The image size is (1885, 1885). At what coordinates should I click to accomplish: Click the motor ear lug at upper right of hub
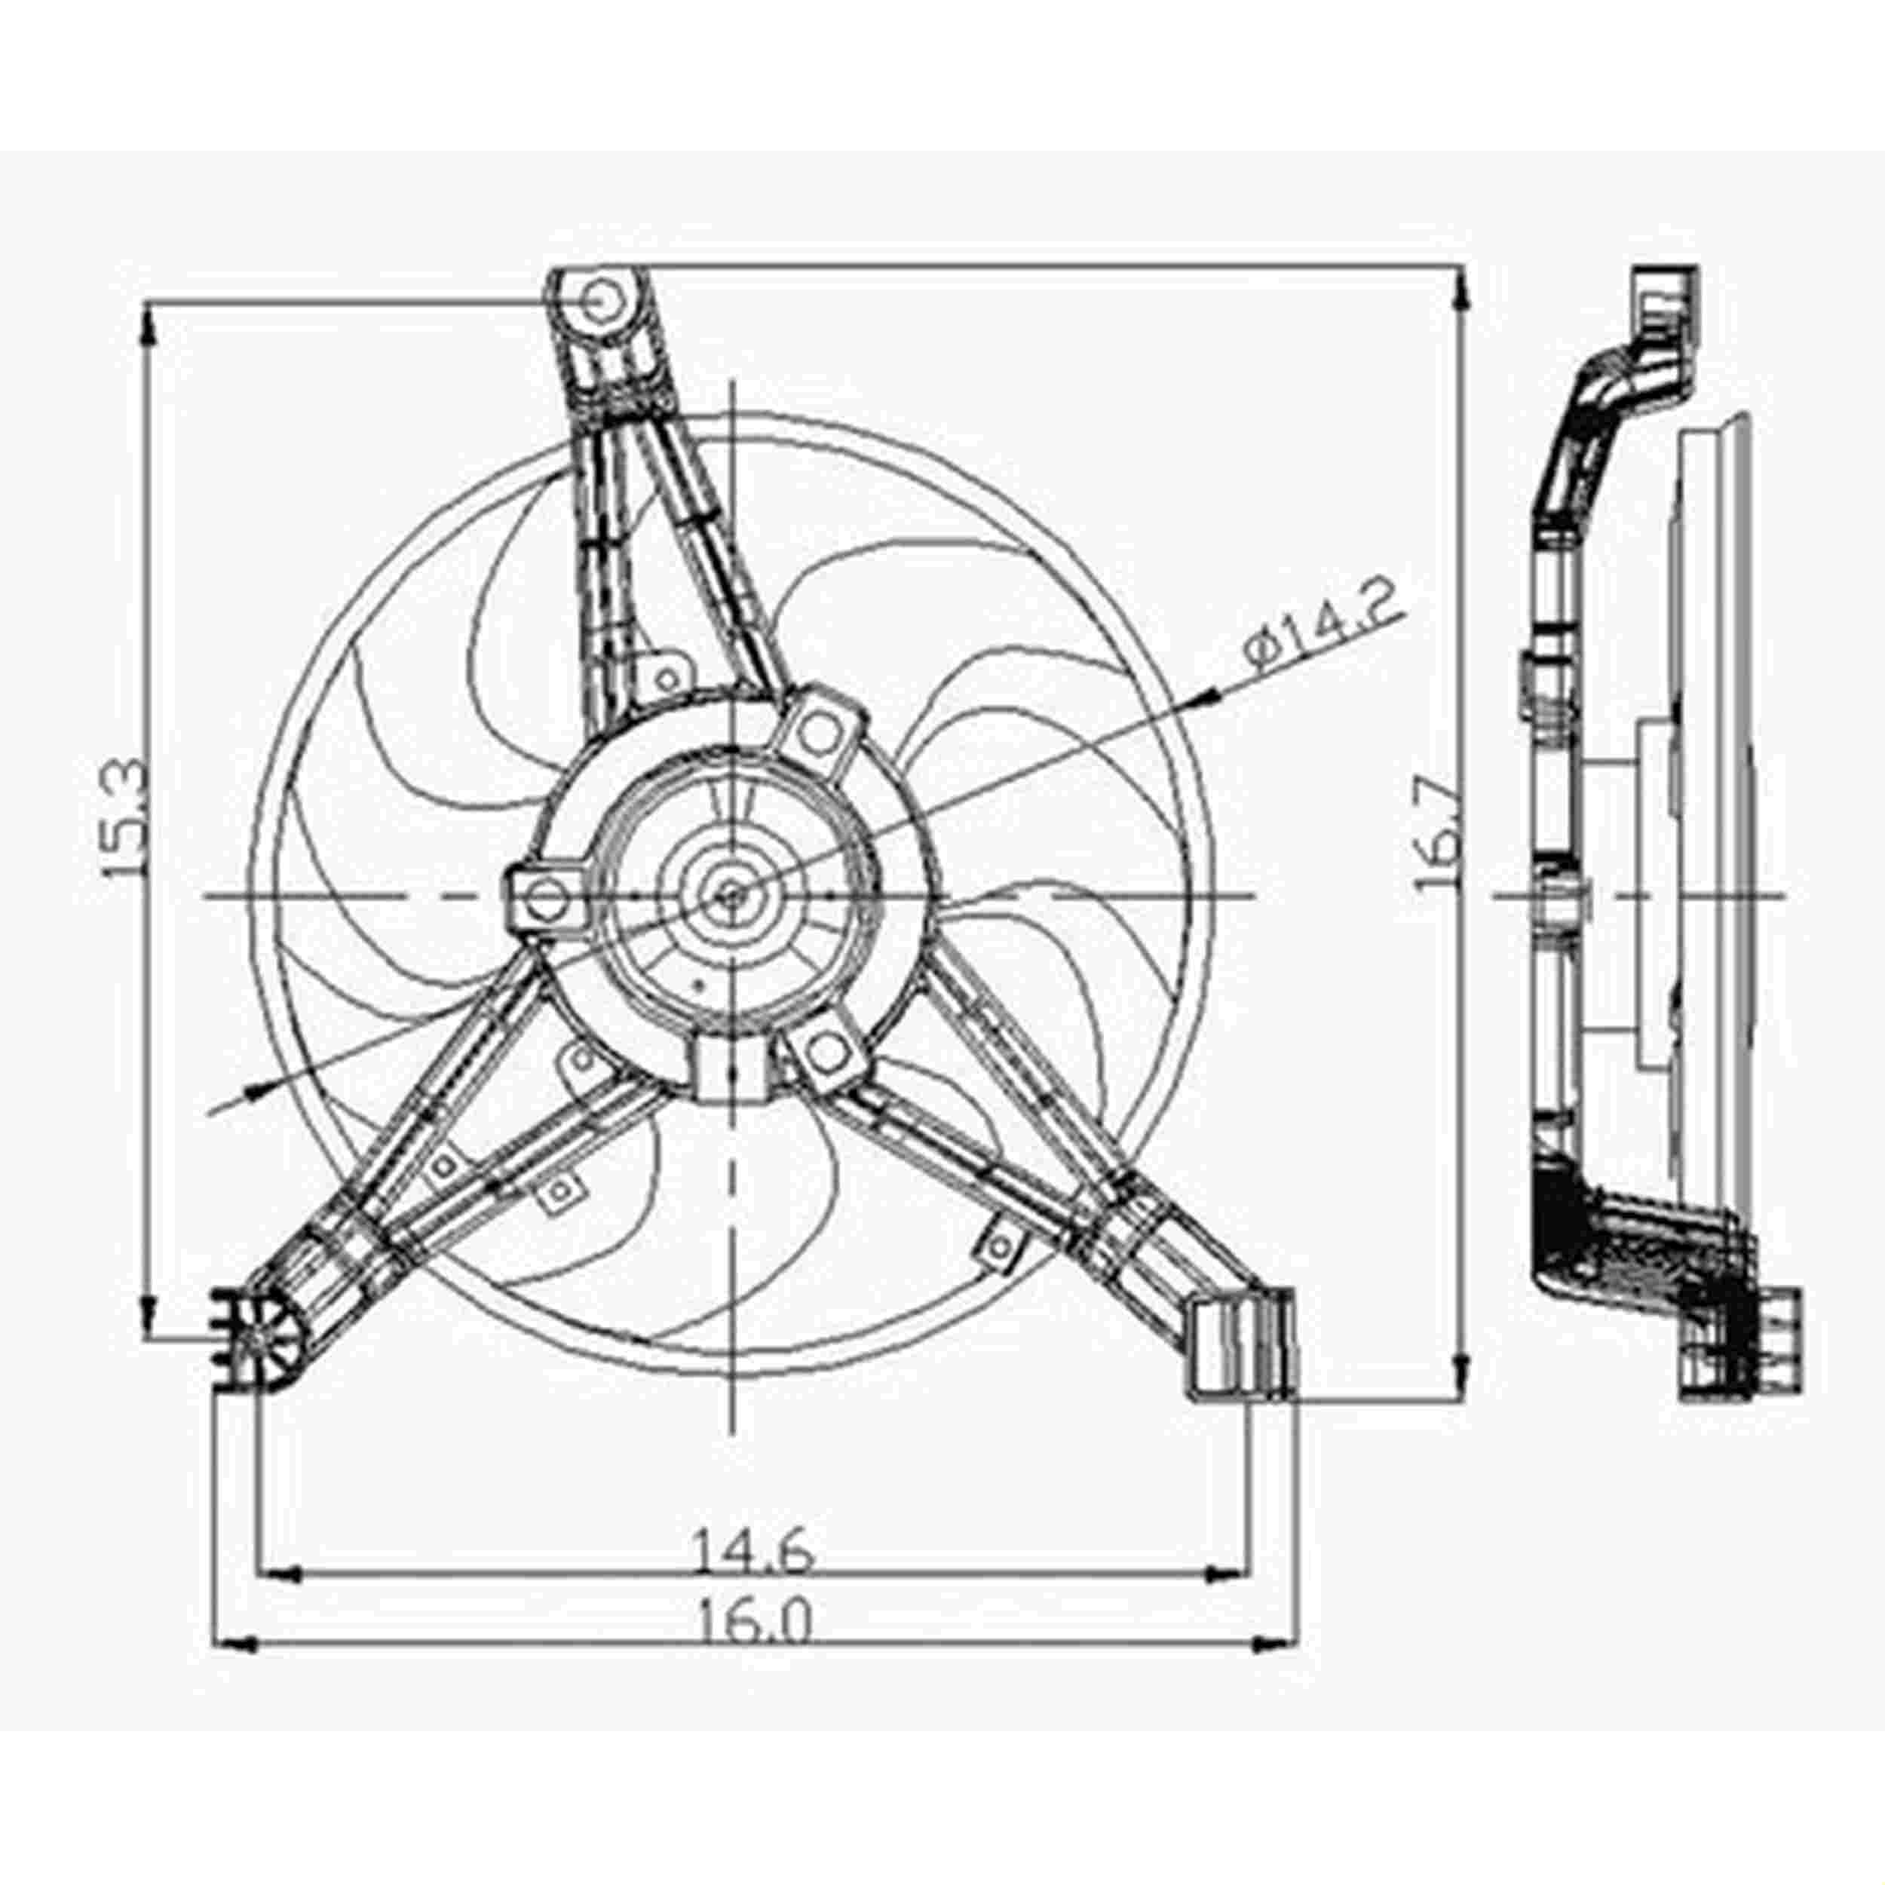(823, 734)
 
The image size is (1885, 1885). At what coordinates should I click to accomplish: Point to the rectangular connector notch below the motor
(731, 1071)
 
